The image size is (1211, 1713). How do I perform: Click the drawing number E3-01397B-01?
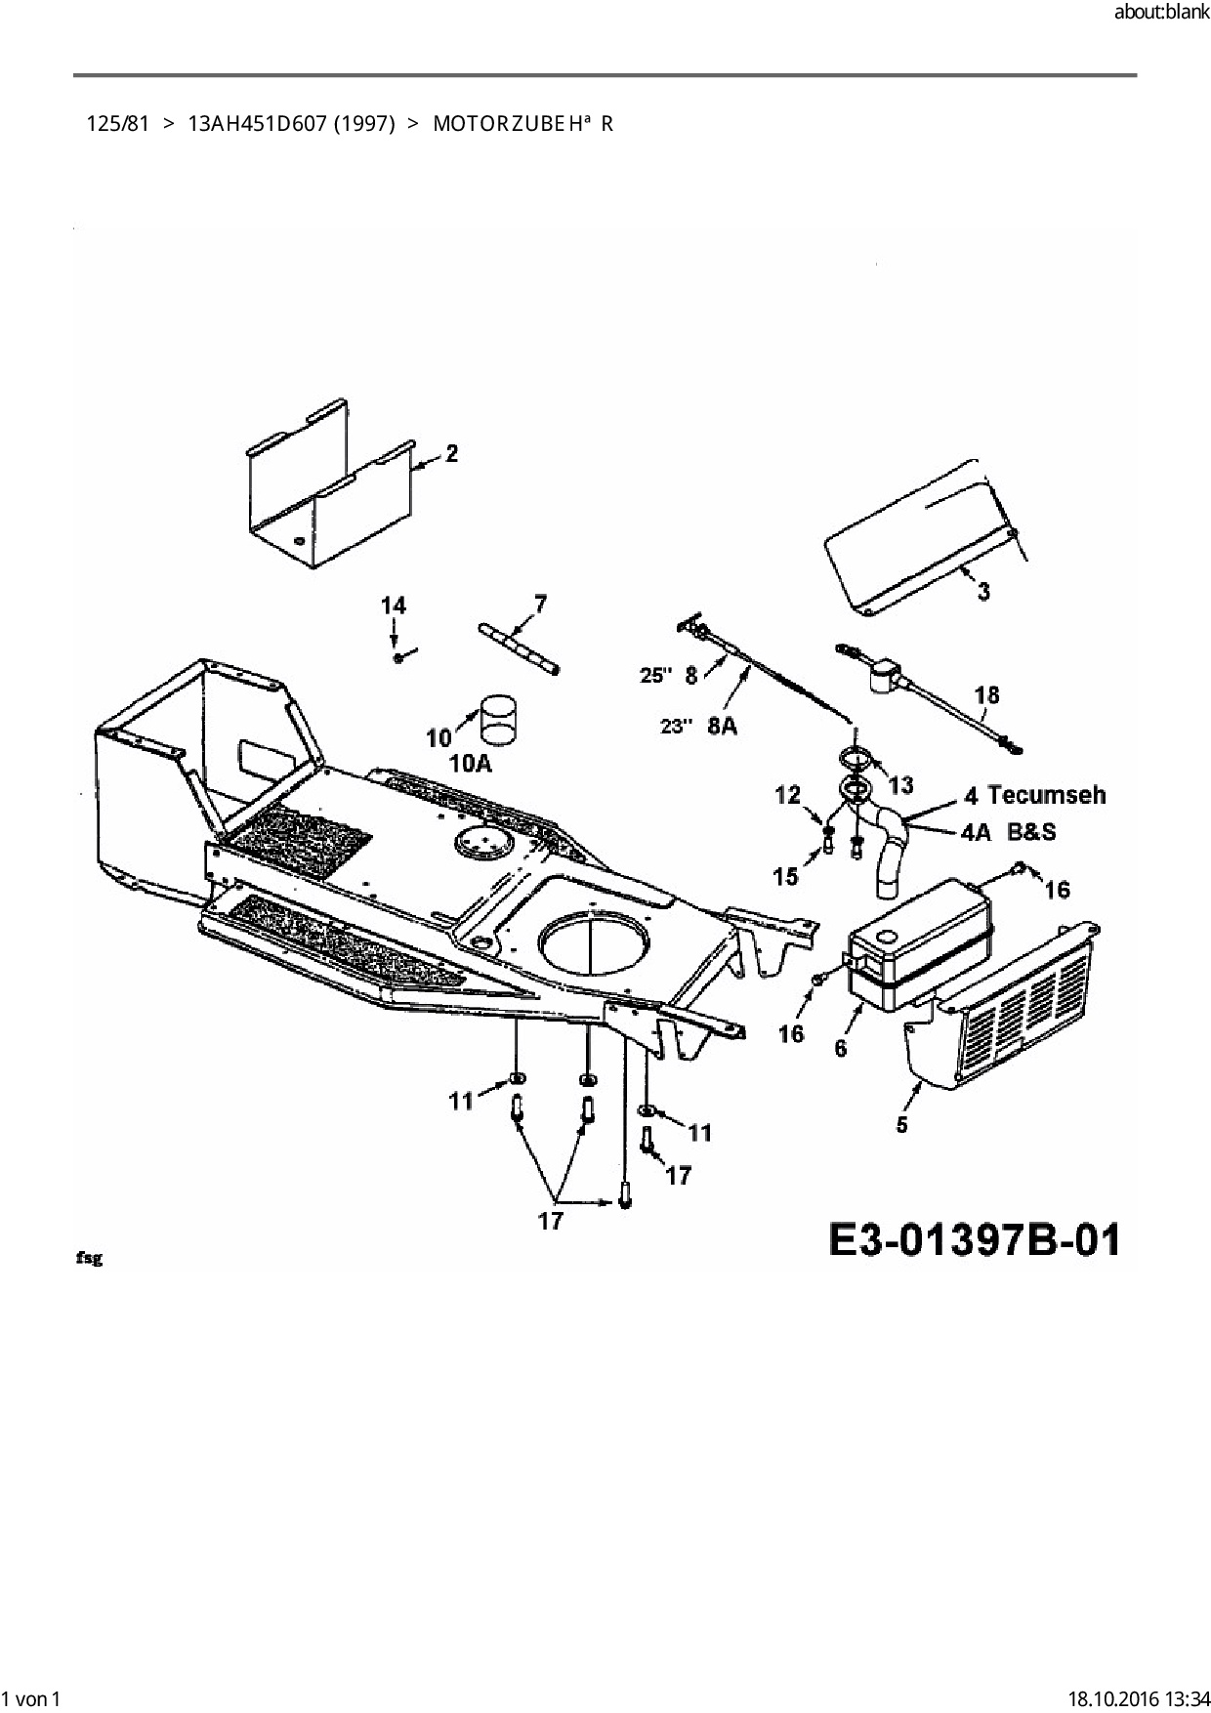click(974, 1240)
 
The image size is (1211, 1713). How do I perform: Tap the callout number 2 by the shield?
click(451, 453)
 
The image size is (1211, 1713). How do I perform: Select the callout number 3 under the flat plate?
click(983, 592)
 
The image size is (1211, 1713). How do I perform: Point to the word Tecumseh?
click(1047, 795)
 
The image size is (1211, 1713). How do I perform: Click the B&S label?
click(1031, 832)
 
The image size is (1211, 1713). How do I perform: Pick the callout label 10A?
click(471, 764)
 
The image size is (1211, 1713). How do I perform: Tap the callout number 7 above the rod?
click(540, 604)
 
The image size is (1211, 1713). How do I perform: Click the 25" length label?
click(656, 675)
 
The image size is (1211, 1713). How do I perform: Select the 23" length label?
click(676, 727)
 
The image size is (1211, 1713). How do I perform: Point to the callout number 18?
click(987, 695)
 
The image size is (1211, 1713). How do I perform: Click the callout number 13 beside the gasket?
click(900, 784)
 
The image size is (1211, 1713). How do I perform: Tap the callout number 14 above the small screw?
click(393, 606)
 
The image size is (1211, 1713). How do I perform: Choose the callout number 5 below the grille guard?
click(901, 1125)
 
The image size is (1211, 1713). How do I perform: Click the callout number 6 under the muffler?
click(841, 1048)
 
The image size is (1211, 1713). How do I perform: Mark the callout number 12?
click(787, 796)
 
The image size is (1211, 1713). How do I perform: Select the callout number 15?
click(786, 876)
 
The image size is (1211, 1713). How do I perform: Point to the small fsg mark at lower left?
click(89, 1258)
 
